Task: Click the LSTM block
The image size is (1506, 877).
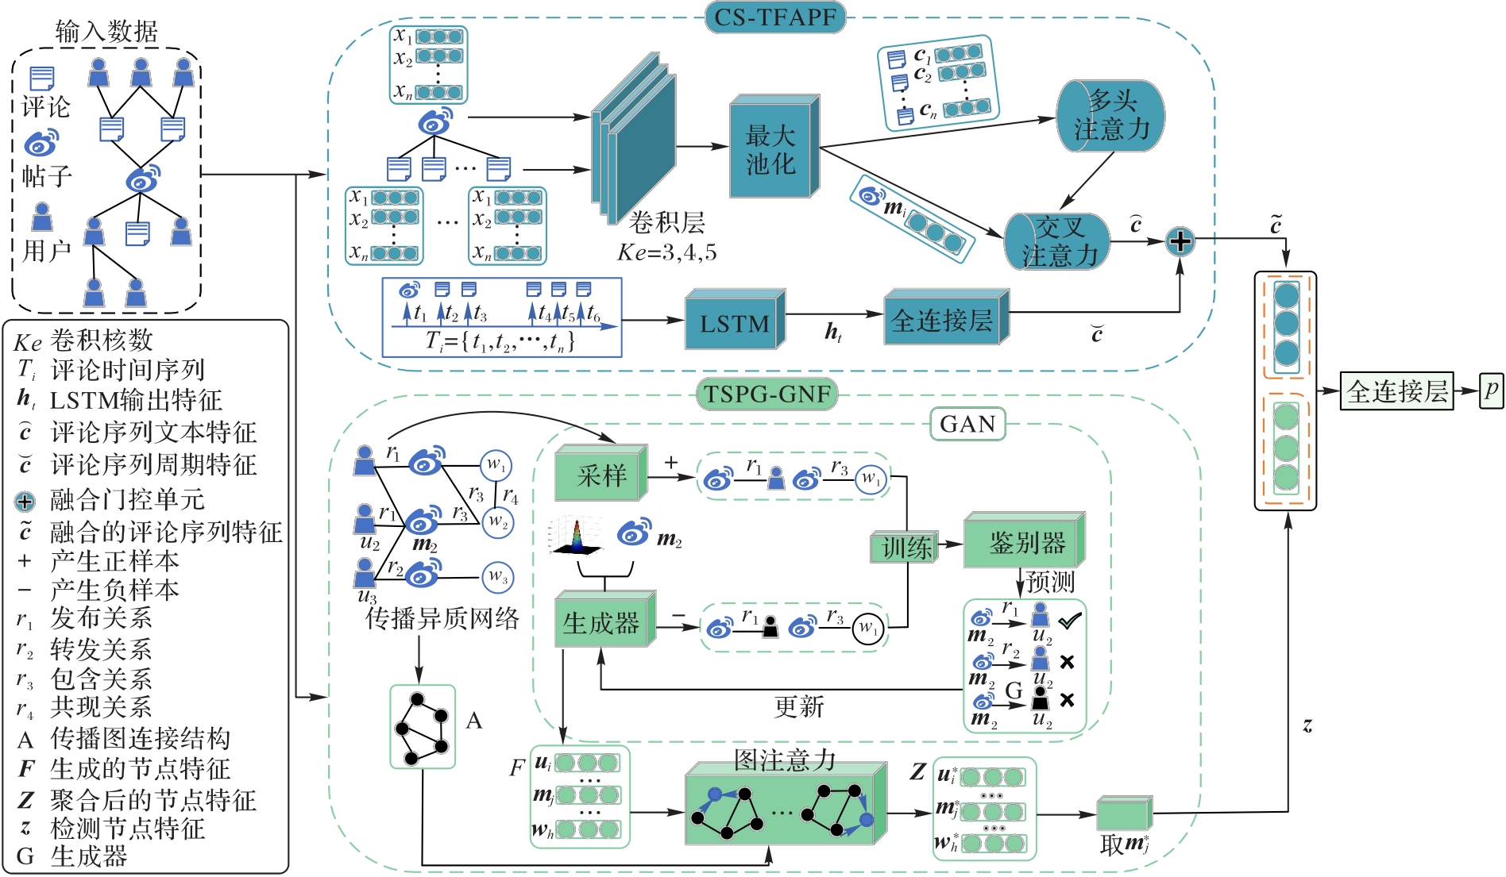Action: point(734,321)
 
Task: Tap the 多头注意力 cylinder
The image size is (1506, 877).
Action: point(1110,116)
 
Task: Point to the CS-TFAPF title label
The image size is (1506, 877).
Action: point(774,17)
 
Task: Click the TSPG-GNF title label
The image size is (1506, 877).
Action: point(767,394)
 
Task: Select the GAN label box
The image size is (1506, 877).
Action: point(967,425)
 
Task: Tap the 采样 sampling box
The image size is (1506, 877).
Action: point(601,475)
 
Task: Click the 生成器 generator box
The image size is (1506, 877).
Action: point(603,622)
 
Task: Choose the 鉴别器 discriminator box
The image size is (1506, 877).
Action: point(1024,543)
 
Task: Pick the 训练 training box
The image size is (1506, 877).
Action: point(906,548)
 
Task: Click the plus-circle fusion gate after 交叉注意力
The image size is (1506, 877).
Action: point(1180,241)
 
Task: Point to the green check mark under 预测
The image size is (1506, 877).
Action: point(1069,621)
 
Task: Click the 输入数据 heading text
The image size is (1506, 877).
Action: point(106,32)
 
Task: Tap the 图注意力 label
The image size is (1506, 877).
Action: point(784,760)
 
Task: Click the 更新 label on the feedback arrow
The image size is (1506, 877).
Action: point(799,706)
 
